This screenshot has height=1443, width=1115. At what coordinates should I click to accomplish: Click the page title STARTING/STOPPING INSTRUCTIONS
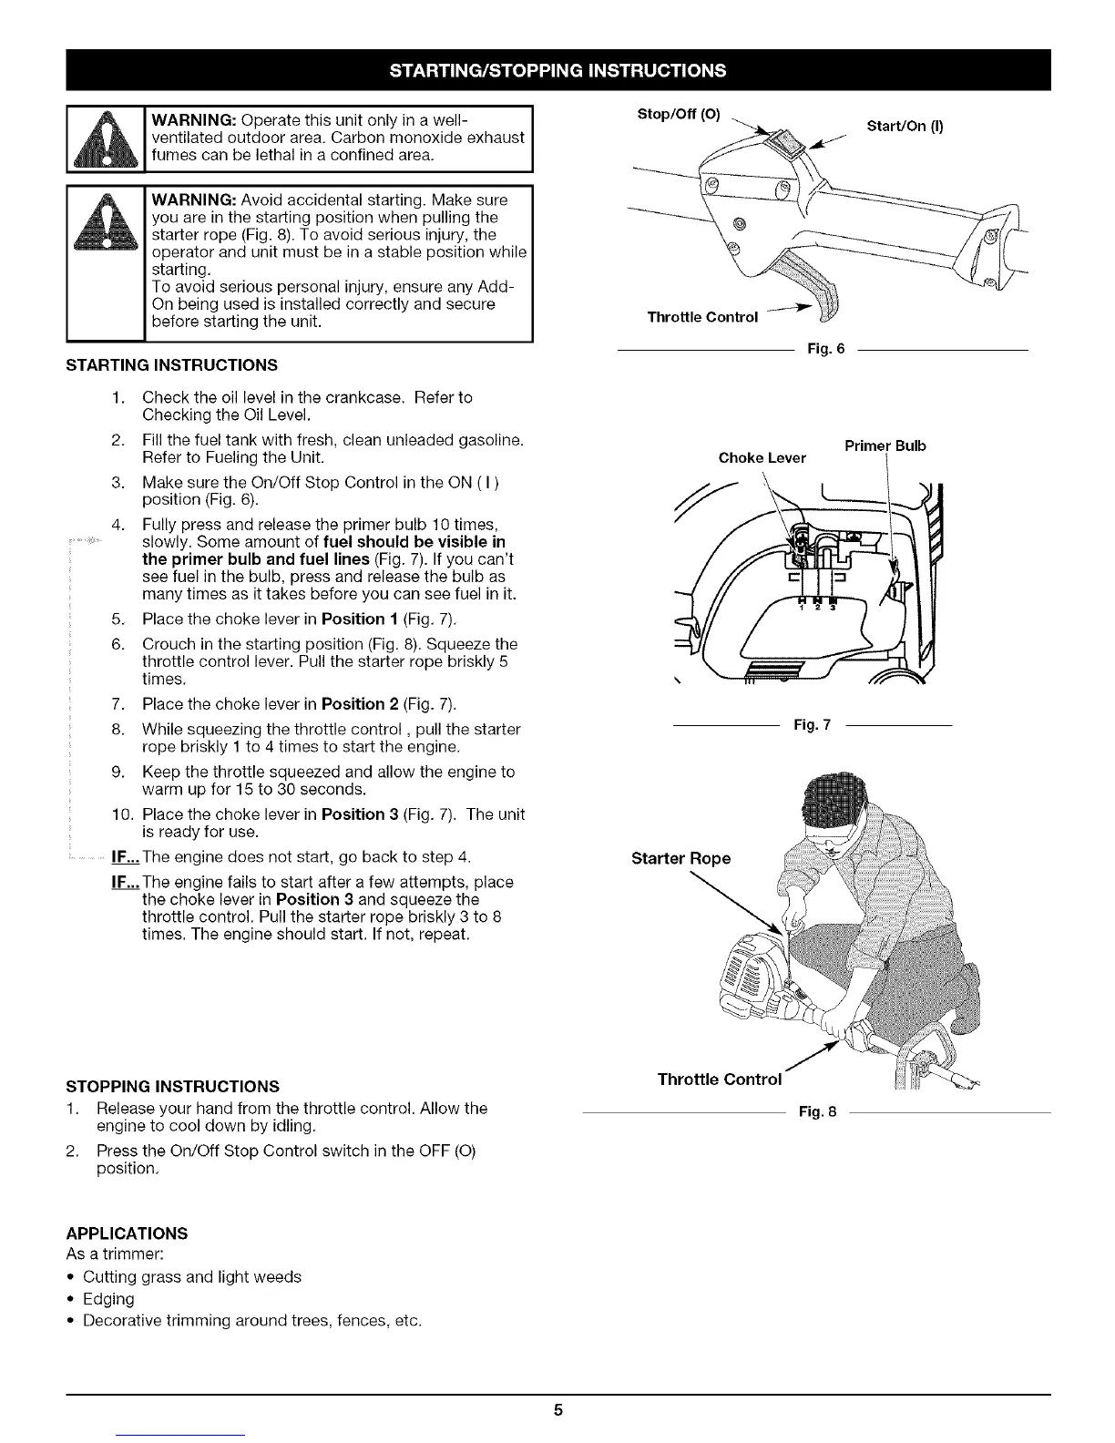click(x=557, y=70)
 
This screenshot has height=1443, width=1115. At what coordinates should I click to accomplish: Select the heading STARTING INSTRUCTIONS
click(x=171, y=365)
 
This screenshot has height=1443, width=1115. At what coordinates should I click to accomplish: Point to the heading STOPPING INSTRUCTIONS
click(x=172, y=1087)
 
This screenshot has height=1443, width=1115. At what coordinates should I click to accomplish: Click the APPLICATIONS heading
click(x=127, y=1233)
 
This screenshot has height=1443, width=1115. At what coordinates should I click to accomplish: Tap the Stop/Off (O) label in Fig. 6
click(x=679, y=115)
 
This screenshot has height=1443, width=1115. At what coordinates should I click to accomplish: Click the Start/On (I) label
click(x=905, y=127)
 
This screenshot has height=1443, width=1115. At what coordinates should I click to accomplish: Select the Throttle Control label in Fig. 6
click(x=702, y=317)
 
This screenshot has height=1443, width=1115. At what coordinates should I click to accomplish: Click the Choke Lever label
click(x=762, y=458)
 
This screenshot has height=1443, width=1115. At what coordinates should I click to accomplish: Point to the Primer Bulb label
click(x=885, y=445)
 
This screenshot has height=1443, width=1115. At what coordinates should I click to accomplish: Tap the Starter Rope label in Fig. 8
click(x=680, y=858)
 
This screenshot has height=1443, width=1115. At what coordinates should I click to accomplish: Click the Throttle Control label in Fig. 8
click(x=720, y=1080)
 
